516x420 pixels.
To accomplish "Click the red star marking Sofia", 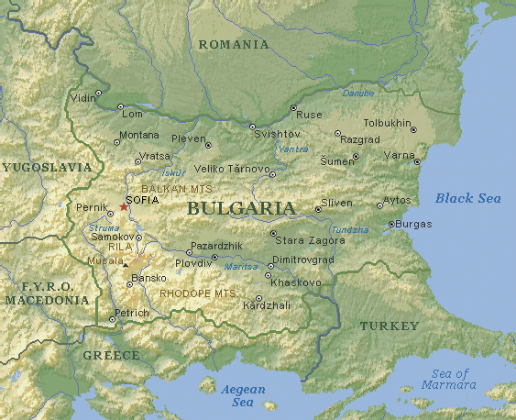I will tap(125, 206).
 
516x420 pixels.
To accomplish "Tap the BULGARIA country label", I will tap(241, 208).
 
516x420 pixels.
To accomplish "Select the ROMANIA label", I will tap(234, 44).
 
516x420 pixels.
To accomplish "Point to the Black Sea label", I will tap(467, 198).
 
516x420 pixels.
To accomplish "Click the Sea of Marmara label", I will tap(450, 379).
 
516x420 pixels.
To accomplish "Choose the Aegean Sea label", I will tap(243, 395).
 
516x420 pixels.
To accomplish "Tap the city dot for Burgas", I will tap(390, 224).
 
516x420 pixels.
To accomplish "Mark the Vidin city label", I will tap(83, 96).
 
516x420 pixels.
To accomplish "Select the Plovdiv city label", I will tap(193, 262).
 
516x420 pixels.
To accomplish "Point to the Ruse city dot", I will tap(293, 108).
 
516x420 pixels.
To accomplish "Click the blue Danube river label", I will tap(357, 94).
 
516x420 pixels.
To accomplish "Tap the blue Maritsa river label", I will tap(240, 267).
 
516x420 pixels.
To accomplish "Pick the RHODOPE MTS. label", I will tap(197, 293).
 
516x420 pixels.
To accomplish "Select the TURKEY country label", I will tap(389, 326).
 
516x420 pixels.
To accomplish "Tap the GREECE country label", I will tap(111, 355).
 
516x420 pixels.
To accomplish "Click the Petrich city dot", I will tap(112, 319).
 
